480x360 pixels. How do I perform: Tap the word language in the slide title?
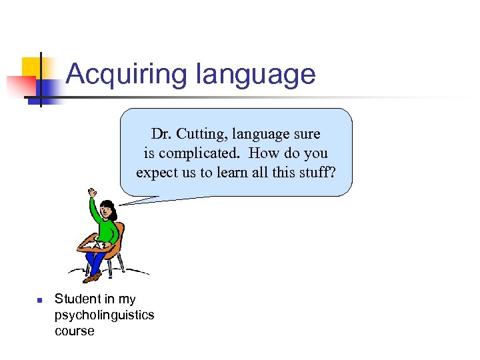pos(255,74)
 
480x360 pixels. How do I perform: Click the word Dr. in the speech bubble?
pos(161,134)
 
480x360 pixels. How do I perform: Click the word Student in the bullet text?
pos(75,299)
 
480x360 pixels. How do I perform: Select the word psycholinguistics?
pos(104,315)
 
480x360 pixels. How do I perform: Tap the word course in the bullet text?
pos(75,331)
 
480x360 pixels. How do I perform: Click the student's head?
pos(109,212)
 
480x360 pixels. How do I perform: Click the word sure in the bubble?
pos(305,134)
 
